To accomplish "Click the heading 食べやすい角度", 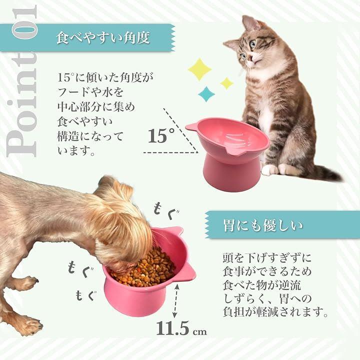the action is (103, 37).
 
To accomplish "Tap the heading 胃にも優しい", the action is (263, 225).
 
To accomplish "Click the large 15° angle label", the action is (161, 135).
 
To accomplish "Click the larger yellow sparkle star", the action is (199, 69).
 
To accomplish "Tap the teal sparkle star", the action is (206, 94).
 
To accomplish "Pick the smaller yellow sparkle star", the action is (226, 83).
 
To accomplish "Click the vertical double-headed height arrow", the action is (176, 301).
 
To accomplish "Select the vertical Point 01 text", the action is (22, 81).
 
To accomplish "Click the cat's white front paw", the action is (270, 170).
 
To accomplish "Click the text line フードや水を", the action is (90, 92).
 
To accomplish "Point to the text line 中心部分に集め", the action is (96, 107).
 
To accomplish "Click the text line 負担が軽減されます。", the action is (275, 312).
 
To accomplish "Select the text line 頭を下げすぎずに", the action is (267, 257).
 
